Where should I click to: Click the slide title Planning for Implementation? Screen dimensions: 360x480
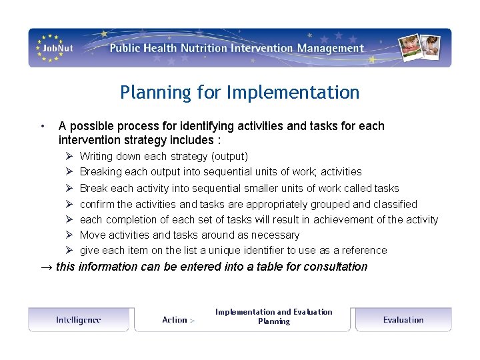[x=239, y=93]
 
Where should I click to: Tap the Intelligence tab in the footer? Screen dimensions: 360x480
[x=78, y=320]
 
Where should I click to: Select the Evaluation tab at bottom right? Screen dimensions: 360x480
[x=403, y=320]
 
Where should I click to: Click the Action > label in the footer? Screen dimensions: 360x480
[x=178, y=320]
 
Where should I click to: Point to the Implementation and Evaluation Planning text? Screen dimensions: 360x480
[x=273, y=317]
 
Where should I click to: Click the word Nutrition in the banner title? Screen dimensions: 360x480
[x=203, y=48]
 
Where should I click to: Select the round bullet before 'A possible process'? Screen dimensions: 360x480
[x=42, y=126]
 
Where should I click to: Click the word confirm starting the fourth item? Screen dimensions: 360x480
[x=97, y=204]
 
